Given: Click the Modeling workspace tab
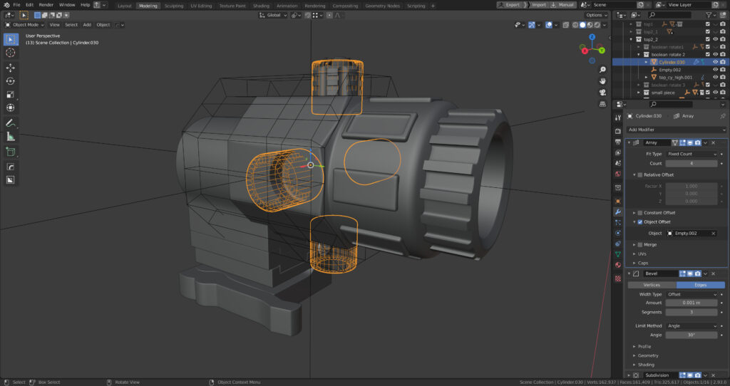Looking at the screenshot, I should [x=148, y=5].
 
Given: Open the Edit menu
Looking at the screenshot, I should [x=29, y=5].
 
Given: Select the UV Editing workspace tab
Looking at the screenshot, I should [x=201, y=5].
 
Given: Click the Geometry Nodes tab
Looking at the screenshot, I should [x=383, y=5].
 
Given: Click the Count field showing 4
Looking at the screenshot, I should [x=691, y=164].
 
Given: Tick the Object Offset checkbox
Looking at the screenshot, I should [x=639, y=221].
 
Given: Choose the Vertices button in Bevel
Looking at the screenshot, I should [x=652, y=285].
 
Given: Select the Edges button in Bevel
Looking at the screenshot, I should [x=700, y=285].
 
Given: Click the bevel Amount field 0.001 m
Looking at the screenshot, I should [x=691, y=303].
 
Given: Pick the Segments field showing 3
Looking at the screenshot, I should [x=691, y=312].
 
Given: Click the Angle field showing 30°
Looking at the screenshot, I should [x=691, y=335].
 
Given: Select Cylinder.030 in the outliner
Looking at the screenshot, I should [x=672, y=62].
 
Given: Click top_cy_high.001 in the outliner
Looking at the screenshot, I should [x=675, y=77].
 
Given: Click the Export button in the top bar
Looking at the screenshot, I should [x=512, y=5].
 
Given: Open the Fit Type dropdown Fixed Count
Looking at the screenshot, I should [x=691, y=154].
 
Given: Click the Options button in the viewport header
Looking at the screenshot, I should [x=596, y=15].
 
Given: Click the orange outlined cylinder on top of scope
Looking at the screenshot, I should [x=337, y=88].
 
